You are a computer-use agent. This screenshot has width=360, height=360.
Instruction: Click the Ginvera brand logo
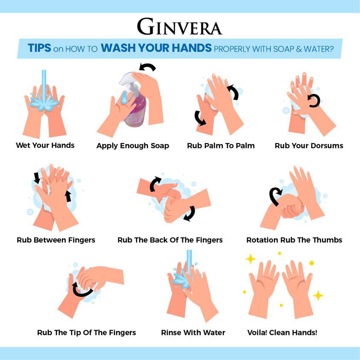click(x=179, y=26)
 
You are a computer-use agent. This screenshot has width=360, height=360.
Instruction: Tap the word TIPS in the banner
click(x=39, y=48)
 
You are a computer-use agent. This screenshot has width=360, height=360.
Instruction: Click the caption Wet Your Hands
click(x=45, y=145)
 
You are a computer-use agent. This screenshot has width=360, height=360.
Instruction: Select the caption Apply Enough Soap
click(x=133, y=146)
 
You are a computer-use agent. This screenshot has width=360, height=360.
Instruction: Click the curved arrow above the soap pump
click(x=147, y=67)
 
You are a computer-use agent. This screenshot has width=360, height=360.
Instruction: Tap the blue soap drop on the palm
click(x=124, y=98)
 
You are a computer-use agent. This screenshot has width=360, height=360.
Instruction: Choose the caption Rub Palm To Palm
click(x=221, y=146)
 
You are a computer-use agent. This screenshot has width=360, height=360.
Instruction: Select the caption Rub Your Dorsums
click(x=309, y=146)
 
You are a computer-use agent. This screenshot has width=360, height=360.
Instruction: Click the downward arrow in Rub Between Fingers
click(x=36, y=178)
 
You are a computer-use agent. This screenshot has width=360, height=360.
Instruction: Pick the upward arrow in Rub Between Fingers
click(x=68, y=196)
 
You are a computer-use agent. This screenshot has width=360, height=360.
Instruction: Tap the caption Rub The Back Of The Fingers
click(x=170, y=240)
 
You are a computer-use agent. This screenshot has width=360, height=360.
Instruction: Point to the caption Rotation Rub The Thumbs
click(x=294, y=240)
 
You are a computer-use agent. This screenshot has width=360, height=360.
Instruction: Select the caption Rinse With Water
click(x=193, y=333)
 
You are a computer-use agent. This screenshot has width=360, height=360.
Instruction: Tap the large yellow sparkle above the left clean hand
click(x=251, y=259)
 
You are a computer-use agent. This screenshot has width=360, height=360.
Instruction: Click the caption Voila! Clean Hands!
click(x=282, y=333)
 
